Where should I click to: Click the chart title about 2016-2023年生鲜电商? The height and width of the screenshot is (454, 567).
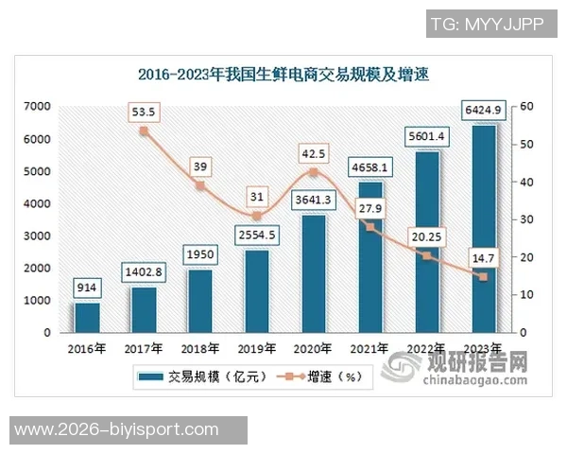pos(283,74)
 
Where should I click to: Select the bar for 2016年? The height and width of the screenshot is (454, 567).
pos(87,317)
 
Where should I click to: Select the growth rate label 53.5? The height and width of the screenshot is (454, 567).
pos(144,112)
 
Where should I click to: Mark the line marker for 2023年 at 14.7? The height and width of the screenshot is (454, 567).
pos(483,277)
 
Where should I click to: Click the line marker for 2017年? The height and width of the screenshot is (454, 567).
pos(144,131)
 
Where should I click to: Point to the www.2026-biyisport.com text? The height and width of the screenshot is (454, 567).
pos(129,430)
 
